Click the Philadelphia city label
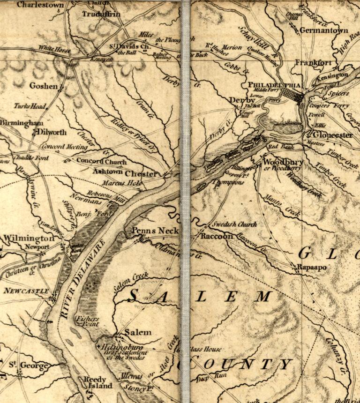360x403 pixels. click(x=276, y=85)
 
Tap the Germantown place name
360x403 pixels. click(x=324, y=30)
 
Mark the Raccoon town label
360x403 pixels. click(x=217, y=237)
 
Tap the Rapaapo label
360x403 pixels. click(x=312, y=267)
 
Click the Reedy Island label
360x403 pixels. click(x=97, y=382)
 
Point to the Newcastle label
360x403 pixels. click(x=26, y=291)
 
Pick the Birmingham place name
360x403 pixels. click(x=22, y=123)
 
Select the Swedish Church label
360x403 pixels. click(x=232, y=224)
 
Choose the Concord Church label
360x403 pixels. click(x=101, y=162)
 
